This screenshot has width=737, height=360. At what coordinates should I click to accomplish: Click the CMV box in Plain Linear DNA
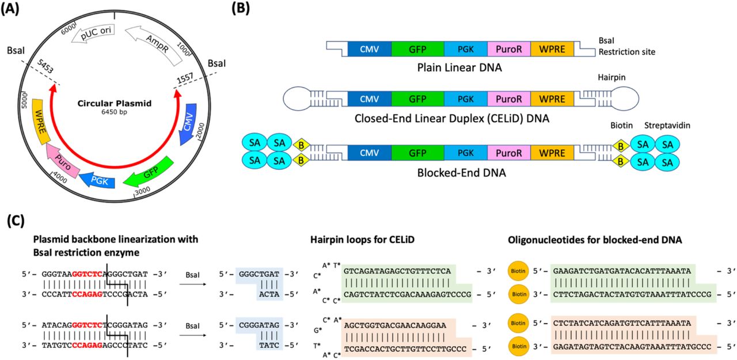[x=369, y=49]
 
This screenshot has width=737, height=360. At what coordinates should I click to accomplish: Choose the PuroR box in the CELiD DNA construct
[x=508, y=99]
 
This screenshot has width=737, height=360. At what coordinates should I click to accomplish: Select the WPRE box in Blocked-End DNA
[x=552, y=154]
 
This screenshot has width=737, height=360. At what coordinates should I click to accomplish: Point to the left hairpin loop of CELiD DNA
[x=299, y=99]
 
